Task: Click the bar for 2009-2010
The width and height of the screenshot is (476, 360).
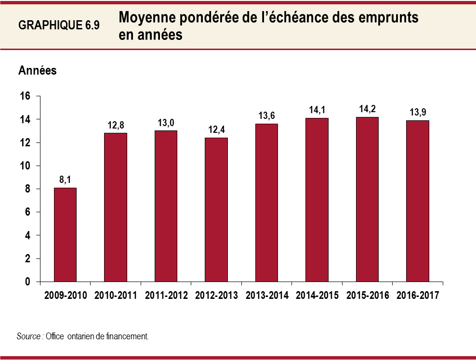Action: point(65,234)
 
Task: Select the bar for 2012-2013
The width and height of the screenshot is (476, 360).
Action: point(216,209)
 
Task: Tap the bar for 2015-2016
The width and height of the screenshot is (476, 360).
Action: point(367,199)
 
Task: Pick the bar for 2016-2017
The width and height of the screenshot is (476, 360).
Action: point(417,201)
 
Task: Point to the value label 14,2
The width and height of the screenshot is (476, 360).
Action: point(367,108)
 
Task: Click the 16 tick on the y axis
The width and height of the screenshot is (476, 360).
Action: point(25,96)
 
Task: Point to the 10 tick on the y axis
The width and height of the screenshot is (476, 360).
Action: point(25,166)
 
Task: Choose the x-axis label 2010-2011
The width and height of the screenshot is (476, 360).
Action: point(116,296)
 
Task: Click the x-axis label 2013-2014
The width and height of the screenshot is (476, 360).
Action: point(266,296)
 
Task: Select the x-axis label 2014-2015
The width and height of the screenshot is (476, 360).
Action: point(317,296)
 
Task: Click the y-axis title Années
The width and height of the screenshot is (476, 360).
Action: point(38,70)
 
